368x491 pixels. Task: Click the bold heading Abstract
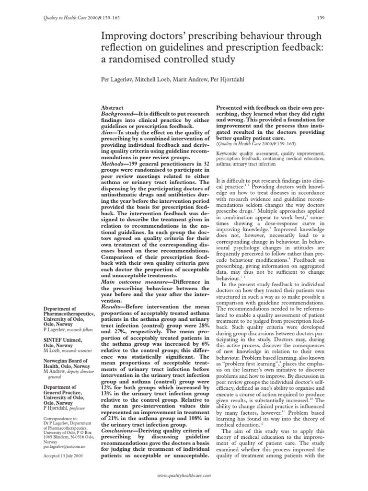112,108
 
